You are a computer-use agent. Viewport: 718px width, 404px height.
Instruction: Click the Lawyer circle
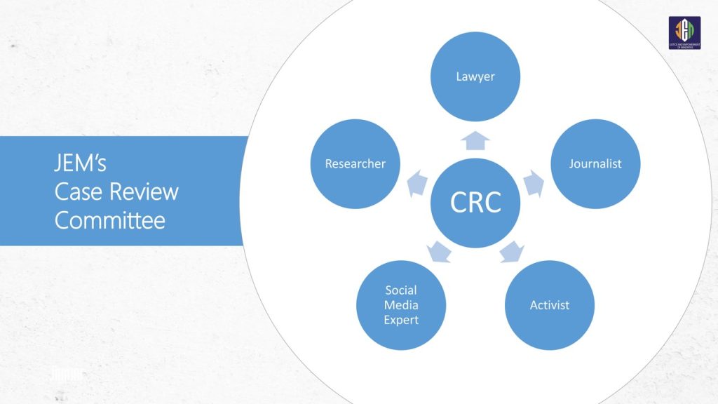click(475, 76)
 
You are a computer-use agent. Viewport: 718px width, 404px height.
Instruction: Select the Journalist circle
click(595, 164)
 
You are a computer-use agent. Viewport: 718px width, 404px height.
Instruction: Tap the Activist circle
click(550, 305)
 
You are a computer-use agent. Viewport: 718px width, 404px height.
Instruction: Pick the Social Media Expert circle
click(401, 305)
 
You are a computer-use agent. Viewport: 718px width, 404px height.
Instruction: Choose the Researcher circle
click(355, 164)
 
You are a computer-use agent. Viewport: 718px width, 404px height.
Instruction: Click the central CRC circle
click(475, 203)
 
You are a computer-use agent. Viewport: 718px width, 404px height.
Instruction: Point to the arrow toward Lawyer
click(475, 140)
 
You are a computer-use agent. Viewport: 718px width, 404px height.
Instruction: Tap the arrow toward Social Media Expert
click(439, 251)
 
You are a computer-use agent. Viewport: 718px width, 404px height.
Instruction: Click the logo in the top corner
click(684, 33)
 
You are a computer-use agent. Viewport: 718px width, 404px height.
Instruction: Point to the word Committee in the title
click(110, 220)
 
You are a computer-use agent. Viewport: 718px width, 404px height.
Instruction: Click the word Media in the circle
click(401, 305)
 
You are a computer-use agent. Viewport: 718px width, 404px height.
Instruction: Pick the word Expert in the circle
click(401, 320)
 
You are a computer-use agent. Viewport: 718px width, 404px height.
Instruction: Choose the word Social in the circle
click(401, 290)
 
